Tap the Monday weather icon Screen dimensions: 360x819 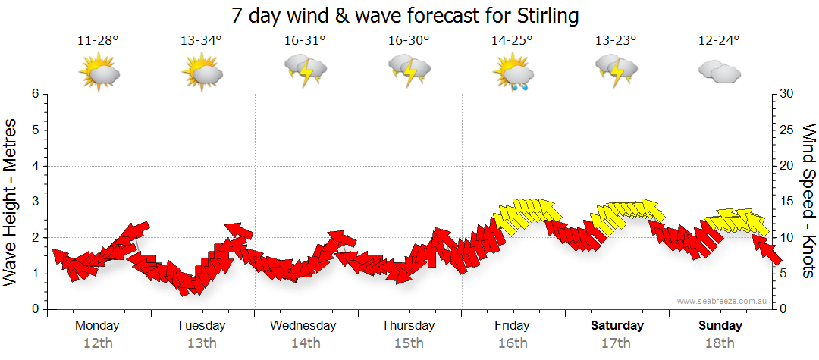(x=99, y=72)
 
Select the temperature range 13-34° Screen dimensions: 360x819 (x=202, y=40)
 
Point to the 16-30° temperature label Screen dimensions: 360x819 (x=409, y=40)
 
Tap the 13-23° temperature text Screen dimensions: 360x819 (x=616, y=40)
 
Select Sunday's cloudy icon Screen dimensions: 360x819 (x=719, y=72)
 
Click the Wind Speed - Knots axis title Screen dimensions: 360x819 (x=808, y=201)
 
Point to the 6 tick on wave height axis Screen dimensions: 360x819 (x=35, y=94)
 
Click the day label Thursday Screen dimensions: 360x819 (x=409, y=326)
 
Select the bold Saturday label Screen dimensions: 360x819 (x=617, y=326)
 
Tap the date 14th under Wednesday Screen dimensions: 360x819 (x=305, y=343)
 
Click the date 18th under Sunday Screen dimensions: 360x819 (x=720, y=343)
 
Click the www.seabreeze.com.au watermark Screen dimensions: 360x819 (x=722, y=301)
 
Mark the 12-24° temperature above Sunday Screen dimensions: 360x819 (x=719, y=40)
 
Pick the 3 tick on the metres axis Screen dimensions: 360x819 (x=35, y=202)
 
